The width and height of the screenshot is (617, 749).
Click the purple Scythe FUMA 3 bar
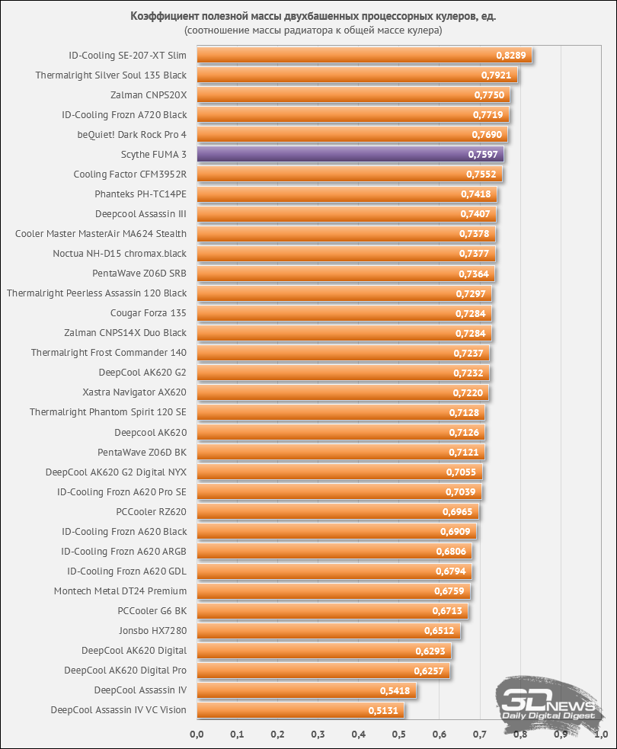[350, 154]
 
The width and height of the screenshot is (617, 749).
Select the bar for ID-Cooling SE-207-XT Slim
[364, 55]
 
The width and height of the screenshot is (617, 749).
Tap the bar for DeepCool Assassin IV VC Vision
[300, 710]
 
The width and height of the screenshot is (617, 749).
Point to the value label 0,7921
[496, 75]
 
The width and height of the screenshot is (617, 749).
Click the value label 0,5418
[395, 691]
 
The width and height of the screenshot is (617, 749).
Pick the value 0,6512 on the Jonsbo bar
[440, 631]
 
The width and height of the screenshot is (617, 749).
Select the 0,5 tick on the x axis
[398, 735]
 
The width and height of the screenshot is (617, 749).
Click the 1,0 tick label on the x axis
[601, 735]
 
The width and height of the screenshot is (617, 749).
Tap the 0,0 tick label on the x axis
[197, 735]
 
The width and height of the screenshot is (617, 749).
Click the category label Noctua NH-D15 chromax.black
[120, 254]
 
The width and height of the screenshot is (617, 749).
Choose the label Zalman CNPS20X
[149, 95]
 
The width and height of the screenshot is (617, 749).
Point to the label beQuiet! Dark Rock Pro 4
[132, 135]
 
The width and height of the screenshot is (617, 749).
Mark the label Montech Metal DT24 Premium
[120, 591]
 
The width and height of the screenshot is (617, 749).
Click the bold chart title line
[313, 16]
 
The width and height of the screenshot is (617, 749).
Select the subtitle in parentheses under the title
[313, 30]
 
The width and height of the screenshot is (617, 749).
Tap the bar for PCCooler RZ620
[337, 511]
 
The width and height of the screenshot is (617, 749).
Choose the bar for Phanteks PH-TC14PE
[347, 194]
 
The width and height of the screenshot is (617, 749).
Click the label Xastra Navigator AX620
[135, 392]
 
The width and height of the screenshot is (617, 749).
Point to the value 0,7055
[462, 472]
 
